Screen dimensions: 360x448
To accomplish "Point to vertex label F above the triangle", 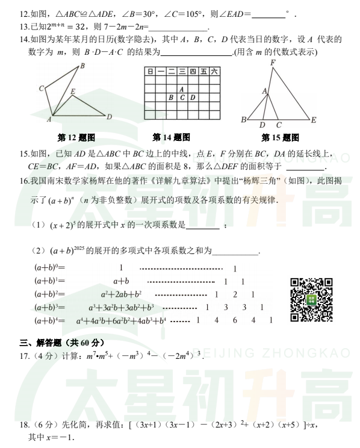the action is (273, 62).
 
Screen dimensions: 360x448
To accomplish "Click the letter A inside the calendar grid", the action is (181, 89).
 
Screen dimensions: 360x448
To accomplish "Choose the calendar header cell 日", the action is (149, 72).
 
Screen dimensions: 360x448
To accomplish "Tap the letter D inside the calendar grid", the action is (192, 97).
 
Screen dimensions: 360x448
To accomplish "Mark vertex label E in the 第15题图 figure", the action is (314, 120).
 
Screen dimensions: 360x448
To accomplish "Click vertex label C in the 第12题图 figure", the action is (42, 89).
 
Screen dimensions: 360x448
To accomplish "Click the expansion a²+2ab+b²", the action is (121, 294).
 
